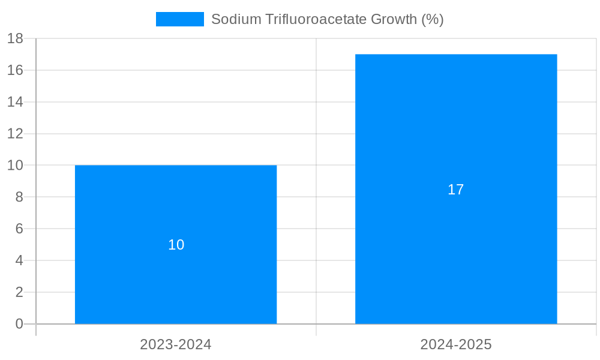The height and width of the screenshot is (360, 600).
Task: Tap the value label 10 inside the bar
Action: tap(176, 245)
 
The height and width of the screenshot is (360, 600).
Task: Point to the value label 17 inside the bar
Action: tap(456, 190)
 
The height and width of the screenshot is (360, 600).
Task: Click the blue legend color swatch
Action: tap(179, 19)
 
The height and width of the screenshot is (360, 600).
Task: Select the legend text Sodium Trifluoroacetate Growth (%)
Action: tap(327, 19)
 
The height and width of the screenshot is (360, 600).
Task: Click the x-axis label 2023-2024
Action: tap(176, 344)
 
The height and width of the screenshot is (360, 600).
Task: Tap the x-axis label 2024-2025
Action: tap(456, 344)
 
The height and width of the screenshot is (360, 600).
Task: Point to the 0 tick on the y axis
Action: tap(19, 324)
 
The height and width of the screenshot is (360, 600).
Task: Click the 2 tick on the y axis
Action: tap(19, 292)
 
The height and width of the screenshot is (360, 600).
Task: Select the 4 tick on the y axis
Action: tap(19, 260)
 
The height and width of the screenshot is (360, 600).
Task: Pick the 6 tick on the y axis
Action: tap(19, 229)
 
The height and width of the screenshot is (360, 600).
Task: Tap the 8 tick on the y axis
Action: tap(19, 197)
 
